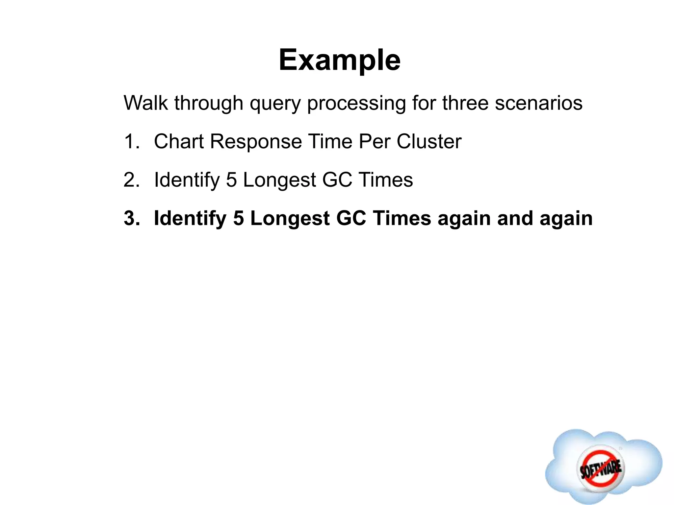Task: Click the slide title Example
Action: [339, 60]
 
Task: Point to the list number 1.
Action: [131, 142]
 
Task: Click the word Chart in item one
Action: [179, 142]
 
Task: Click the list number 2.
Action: [131, 180]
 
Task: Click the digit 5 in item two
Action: [231, 180]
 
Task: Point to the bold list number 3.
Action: [131, 219]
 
